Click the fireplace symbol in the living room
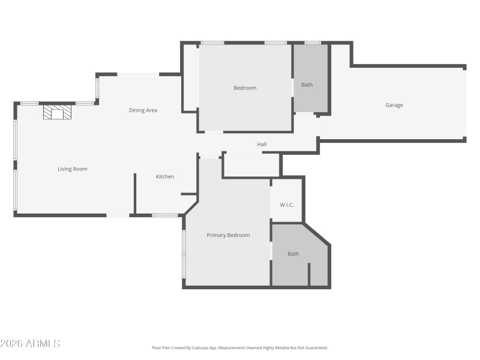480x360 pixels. tap(57, 112)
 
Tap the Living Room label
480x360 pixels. tap(73, 169)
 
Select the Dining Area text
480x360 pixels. tap(143, 110)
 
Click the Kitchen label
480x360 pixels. tap(165, 176)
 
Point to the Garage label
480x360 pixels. tap(394, 105)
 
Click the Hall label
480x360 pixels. tap(262, 145)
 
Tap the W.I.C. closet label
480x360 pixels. tap(287, 205)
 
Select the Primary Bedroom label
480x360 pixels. tap(228, 235)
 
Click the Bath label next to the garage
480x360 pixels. tap(307, 85)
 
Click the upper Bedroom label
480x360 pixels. tap(245, 88)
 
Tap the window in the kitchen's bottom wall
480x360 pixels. tap(164, 215)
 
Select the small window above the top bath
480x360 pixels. tap(313, 43)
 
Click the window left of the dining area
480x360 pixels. tap(97, 88)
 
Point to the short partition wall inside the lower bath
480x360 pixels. tap(309, 274)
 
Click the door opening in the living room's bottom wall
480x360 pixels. tap(118, 215)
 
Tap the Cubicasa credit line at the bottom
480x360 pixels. tap(240, 347)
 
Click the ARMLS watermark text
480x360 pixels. tap(30, 344)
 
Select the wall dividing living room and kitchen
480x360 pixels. tap(135, 193)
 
